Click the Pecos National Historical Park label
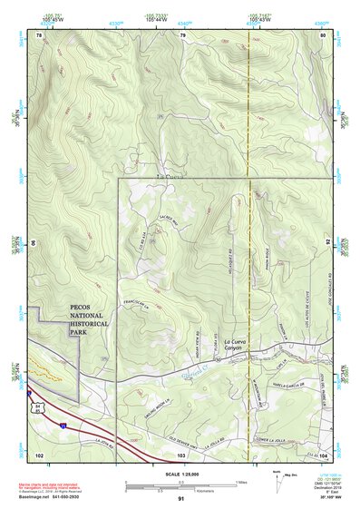click(x=90, y=320)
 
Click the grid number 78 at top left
click(x=39, y=34)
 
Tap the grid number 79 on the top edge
click(x=182, y=34)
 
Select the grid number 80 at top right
click(x=323, y=34)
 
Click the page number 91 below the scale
click(x=180, y=499)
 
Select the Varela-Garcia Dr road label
click(x=291, y=385)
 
